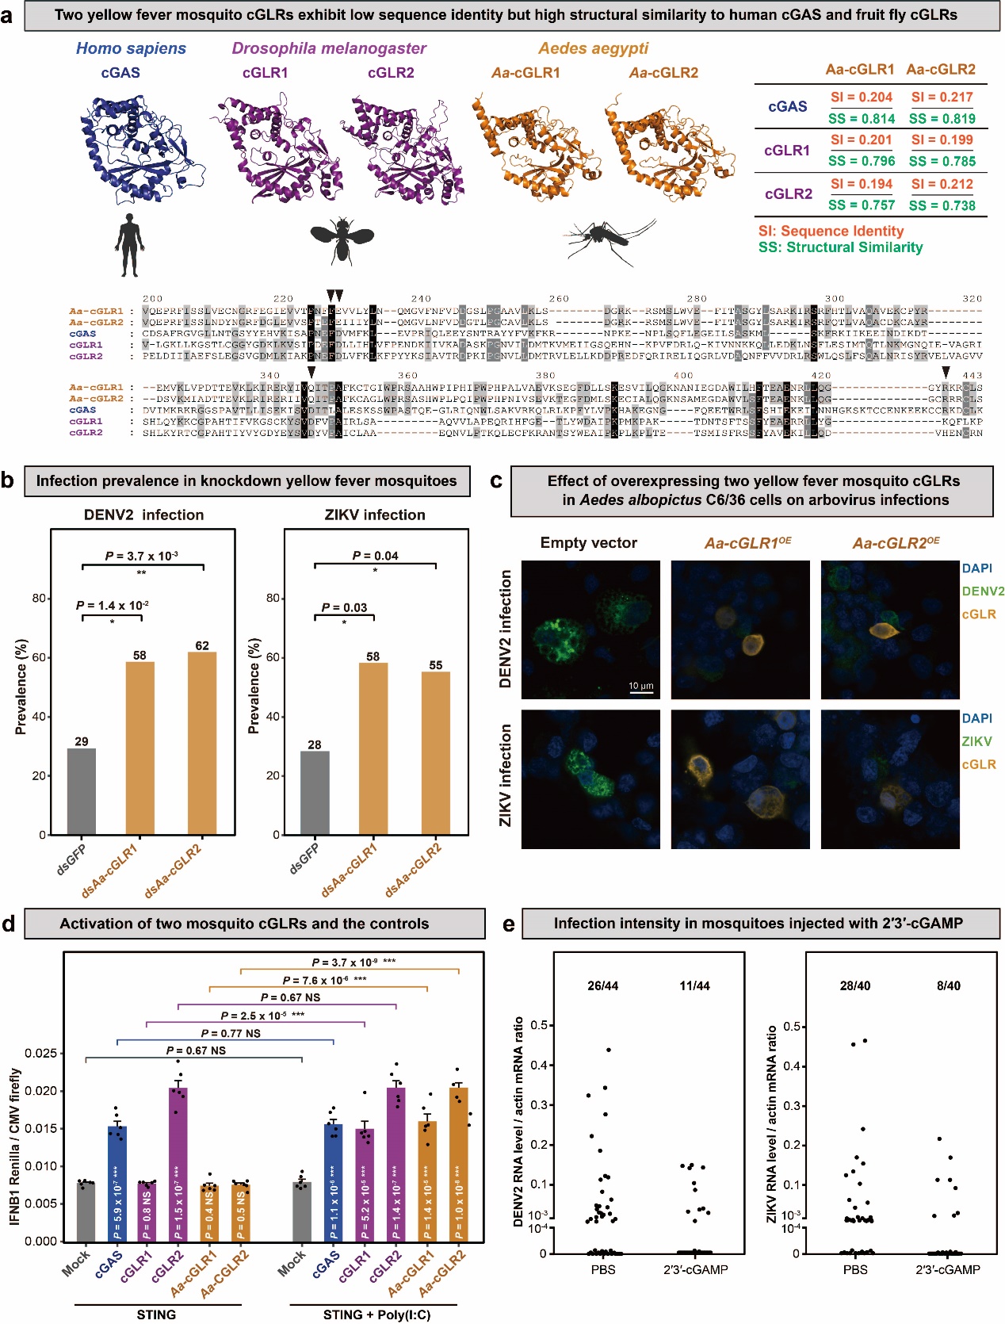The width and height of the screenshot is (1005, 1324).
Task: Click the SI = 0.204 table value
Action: click(x=862, y=98)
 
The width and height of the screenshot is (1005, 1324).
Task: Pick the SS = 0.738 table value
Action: click(x=942, y=205)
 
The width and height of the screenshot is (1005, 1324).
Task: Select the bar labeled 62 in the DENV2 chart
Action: click(x=202, y=742)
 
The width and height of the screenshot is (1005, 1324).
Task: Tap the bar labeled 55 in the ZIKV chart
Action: click(x=435, y=752)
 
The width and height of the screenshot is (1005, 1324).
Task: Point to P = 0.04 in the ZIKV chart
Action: click(x=376, y=556)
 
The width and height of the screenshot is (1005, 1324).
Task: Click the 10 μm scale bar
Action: click(x=641, y=692)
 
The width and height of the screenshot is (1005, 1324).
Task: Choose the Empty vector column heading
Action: click(x=589, y=543)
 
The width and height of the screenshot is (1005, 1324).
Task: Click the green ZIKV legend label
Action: click(x=976, y=741)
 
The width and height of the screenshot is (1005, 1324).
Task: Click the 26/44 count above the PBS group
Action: click(x=603, y=985)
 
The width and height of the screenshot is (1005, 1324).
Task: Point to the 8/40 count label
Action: click(x=948, y=985)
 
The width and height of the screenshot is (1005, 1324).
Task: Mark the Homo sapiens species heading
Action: click(x=131, y=48)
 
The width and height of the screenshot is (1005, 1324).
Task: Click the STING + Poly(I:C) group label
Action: click(x=376, y=1314)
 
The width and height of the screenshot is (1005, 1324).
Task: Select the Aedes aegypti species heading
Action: click(x=594, y=48)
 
